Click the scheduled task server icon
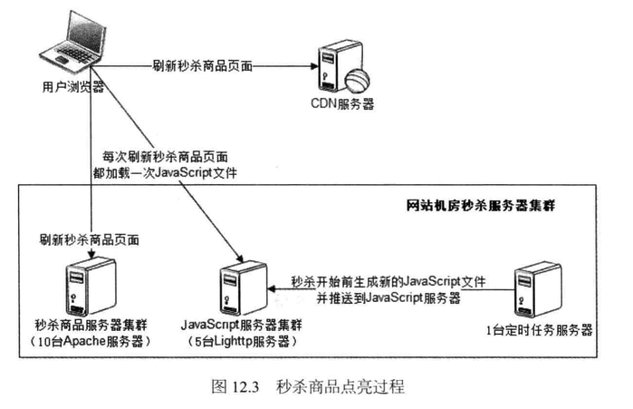click(533, 288)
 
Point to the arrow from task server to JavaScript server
click(389, 290)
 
